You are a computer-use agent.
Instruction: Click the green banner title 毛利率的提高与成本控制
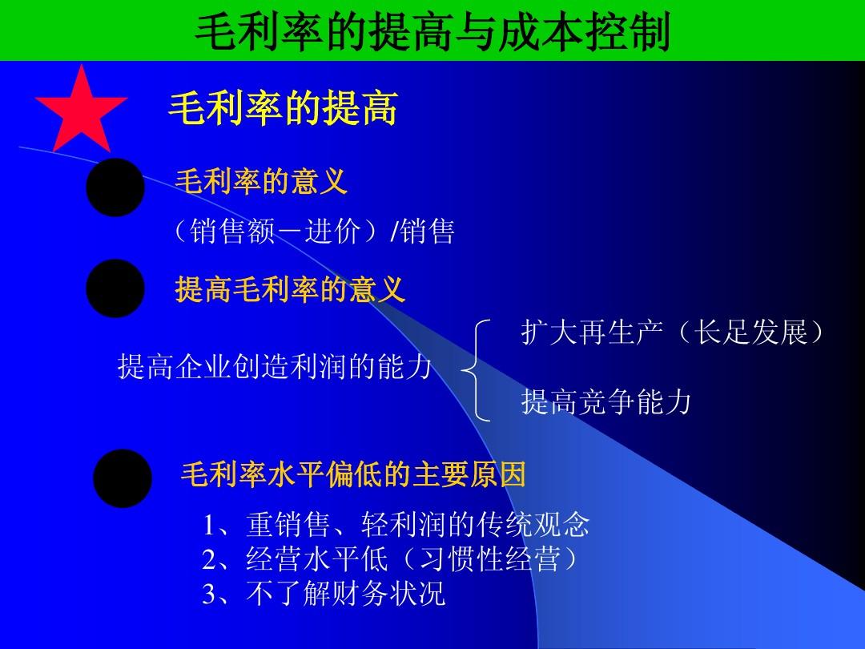[432, 32]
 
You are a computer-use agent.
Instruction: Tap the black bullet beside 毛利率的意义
[115, 187]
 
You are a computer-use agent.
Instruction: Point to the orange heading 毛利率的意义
[261, 181]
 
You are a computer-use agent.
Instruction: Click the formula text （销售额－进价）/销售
[313, 231]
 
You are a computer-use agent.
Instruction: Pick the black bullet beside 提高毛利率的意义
[115, 288]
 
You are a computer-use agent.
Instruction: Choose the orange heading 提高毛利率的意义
[290, 288]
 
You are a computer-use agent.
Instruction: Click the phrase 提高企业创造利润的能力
[275, 366]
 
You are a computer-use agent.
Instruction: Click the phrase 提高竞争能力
[606, 401]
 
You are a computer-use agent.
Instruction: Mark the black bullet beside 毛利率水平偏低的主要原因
[123, 478]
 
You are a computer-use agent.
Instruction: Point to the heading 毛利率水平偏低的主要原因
[354, 474]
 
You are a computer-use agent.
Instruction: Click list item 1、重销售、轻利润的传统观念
[396, 524]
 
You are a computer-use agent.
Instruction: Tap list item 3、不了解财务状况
[324, 594]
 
